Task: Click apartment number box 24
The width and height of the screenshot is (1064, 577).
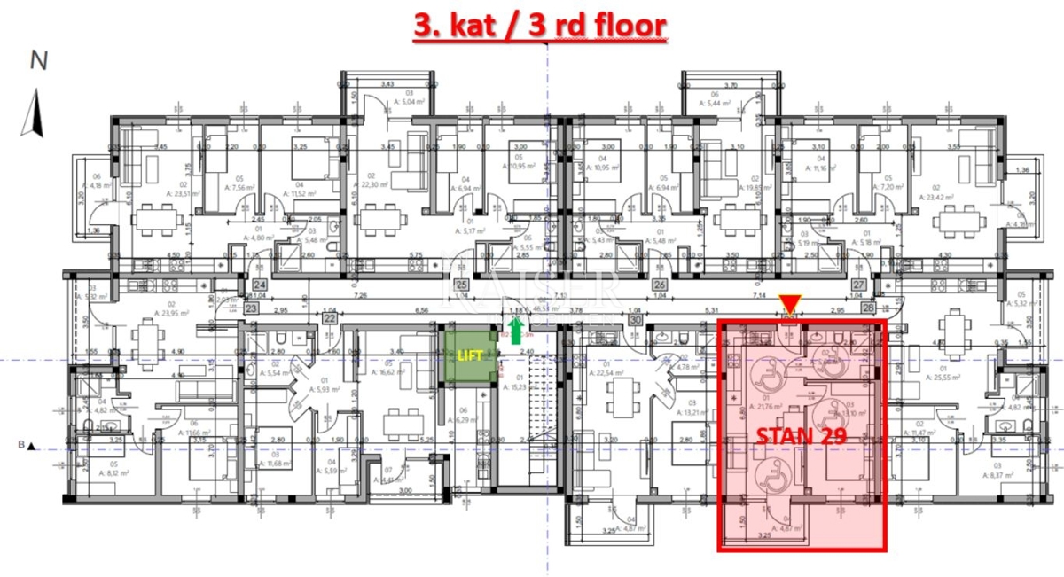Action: point(260,285)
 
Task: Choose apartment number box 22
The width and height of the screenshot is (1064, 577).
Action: point(329,317)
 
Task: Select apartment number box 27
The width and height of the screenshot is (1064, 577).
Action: point(858,285)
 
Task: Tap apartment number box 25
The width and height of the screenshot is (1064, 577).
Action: point(461,285)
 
